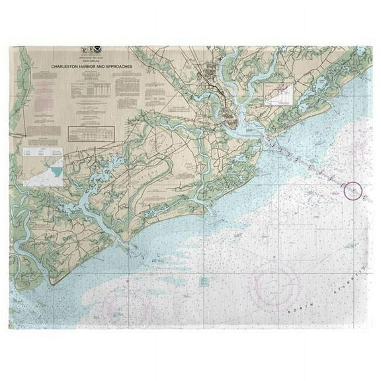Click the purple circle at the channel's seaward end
pyautogui.click(x=353, y=190)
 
